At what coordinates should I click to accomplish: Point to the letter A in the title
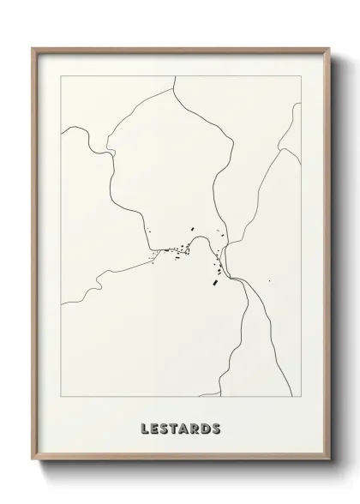(186, 429)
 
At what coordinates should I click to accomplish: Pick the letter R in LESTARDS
(197, 429)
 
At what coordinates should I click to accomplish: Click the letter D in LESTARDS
(207, 429)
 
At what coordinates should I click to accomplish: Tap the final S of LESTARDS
(218, 429)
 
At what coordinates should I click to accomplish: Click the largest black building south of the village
(214, 280)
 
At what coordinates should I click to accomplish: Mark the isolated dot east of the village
(269, 280)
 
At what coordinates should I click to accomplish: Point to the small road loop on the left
(111, 153)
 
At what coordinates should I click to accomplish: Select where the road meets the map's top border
(176, 76)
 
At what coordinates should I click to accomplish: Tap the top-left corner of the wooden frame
(33, 49)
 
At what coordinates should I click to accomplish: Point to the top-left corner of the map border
(60, 76)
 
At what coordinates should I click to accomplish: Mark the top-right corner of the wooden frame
(329, 49)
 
